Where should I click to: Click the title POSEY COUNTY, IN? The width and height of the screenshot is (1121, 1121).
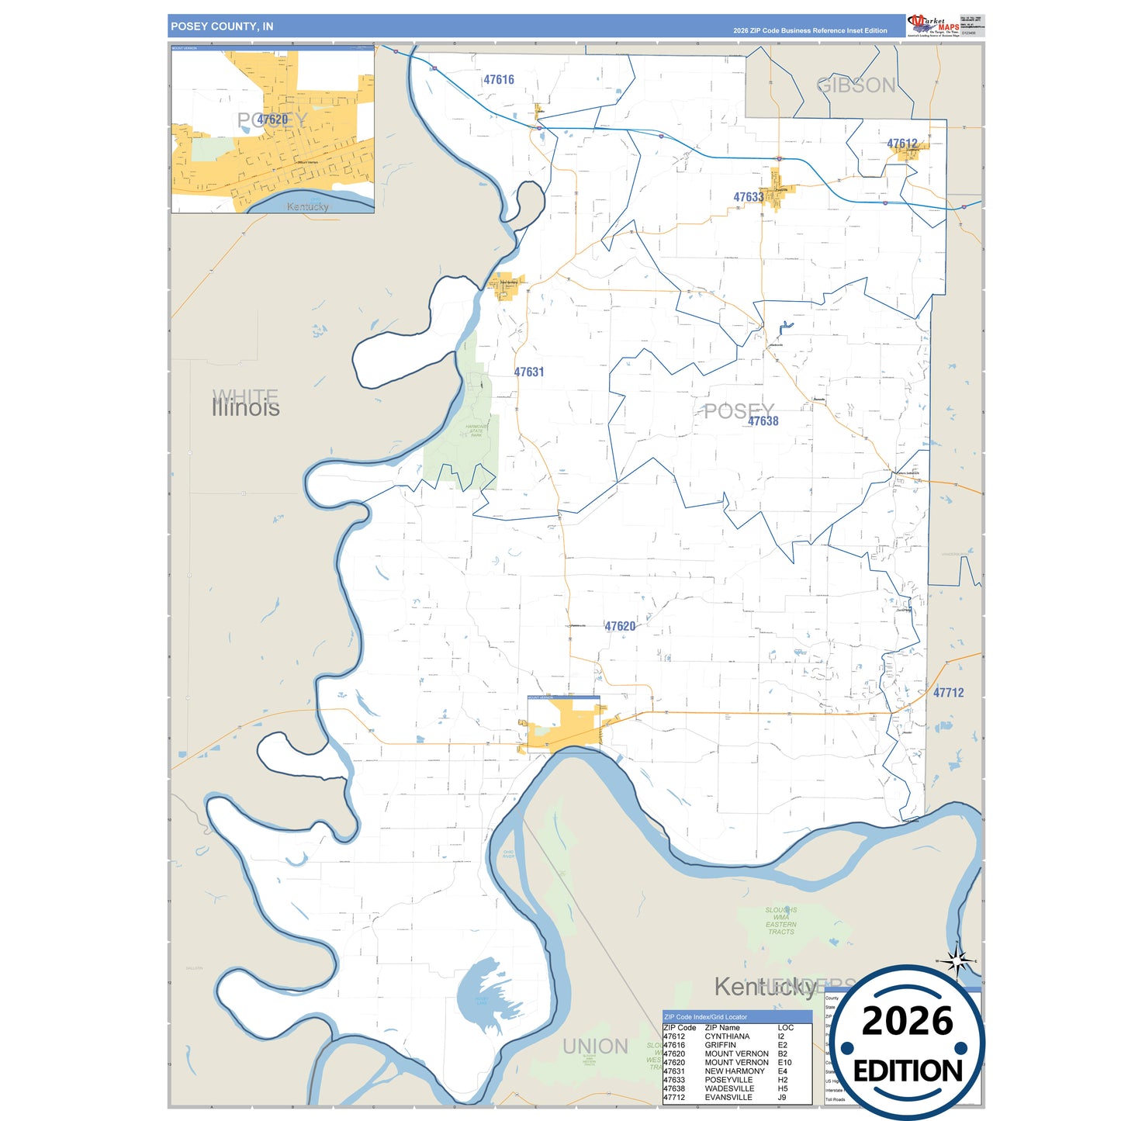click(x=222, y=26)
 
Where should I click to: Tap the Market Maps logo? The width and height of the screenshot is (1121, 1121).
click(x=933, y=25)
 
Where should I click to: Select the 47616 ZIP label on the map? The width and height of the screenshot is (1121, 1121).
click(x=499, y=80)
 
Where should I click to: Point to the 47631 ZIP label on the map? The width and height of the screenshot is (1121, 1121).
click(x=529, y=372)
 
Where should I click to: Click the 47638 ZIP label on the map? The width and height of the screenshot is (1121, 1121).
click(x=763, y=421)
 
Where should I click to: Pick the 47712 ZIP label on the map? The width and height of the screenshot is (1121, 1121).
click(x=948, y=693)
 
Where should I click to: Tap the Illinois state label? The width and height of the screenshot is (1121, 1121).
click(x=246, y=409)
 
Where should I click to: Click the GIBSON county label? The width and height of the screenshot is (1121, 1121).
click(x=856, y=85)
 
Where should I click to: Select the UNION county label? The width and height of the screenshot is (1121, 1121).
click(x=595, y=1047)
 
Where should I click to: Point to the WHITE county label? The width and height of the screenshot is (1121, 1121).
click(x=245, y=396)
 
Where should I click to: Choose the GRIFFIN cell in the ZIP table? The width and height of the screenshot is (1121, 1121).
click(x=720, y=1045)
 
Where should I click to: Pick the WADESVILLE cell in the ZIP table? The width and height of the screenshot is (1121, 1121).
click(x=729, y=1088)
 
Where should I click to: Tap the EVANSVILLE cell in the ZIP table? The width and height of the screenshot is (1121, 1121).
click(x=728, y=1097)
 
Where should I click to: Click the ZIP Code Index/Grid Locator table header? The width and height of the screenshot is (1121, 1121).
click(x=706, y=1016)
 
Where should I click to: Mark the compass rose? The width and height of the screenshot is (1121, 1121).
click(x=957, y=962)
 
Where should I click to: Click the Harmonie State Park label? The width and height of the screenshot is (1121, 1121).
click(x=476, y=431)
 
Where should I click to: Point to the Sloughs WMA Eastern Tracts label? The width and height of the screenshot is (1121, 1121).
click(x=780, y=921)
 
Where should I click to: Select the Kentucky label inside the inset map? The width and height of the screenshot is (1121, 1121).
click(x=308, y=206)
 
